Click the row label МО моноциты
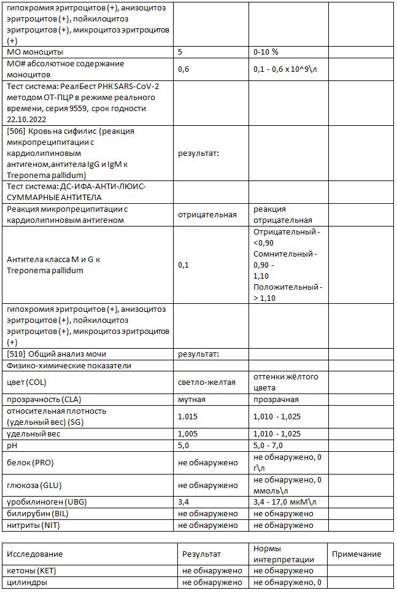[x=35, y=52]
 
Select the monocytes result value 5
[x=180, y=52]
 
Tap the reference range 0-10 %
[x=266, y=52]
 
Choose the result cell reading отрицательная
[x=207, y=215]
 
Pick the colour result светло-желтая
[x=207, y=382]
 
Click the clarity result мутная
[x=191, y=399]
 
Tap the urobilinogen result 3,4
[x=183, y=502]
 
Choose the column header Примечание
[x=357, y=554]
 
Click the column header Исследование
[x=35, y=554]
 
